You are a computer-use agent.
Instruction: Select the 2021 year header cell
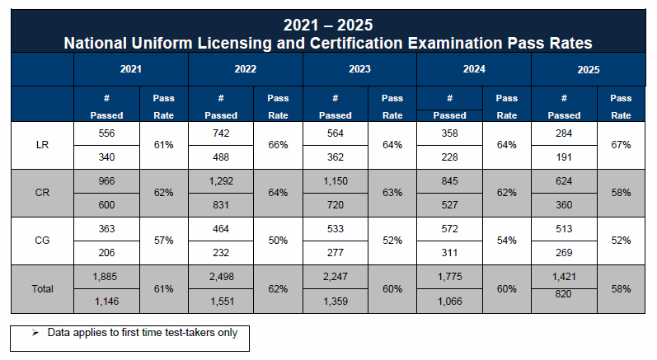click(x=130, y=70)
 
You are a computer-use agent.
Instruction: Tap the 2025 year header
click(x=589, y=70)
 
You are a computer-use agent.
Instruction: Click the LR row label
click(x=42, y=145)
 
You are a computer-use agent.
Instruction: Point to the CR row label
click(x=42, y=193)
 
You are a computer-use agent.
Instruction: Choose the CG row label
click(x=42, y=241)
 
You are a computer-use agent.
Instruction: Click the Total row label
click(x=42, y=288)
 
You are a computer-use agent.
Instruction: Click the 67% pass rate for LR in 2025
click(x=621, y=145)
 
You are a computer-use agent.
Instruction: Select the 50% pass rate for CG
click(x=278, y=241)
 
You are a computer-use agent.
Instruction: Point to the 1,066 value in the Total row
click(x=449, y=302)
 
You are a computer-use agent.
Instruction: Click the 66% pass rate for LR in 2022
click(x=278, y=145)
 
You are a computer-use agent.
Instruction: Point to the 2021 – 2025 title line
click(x=328, y=26)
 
